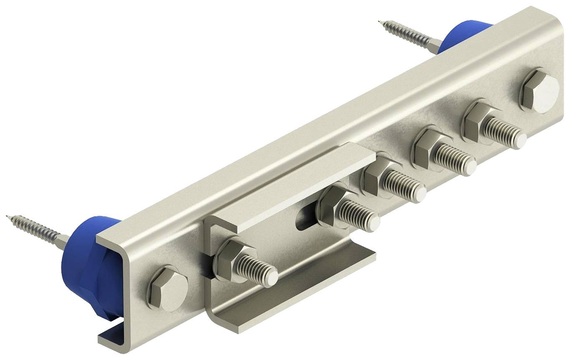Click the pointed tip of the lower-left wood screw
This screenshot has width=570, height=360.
click(x=8, y=216)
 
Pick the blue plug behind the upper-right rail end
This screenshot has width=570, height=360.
click(x=464, y=35)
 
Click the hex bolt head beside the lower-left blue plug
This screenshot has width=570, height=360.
click(x=168, y=288)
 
